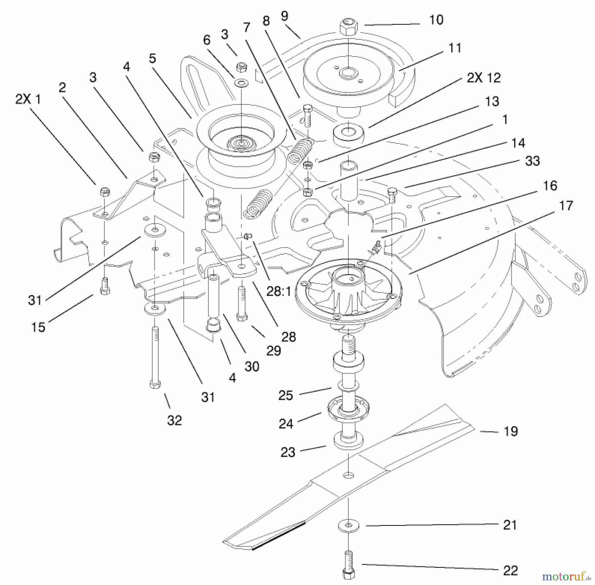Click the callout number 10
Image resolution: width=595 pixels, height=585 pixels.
pyautogui.click(x=436, y=20)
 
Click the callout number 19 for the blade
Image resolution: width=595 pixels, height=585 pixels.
pyautogui.click(x=511, y=431)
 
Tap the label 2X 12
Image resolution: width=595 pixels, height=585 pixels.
pyautogui.click(x=484, y=78)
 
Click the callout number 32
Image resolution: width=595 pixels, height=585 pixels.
pyautogui.click(x=175, y=421)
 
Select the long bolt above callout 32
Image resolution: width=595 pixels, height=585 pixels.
pyautogui.click(x=155, y=357)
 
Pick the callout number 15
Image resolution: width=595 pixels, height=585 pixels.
pyautogui.click(x=38, y=327)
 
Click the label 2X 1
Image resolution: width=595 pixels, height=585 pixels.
pyautogui.click(x=28, y=99)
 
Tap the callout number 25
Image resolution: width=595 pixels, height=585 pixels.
pyautogui.click(x=286, y=395)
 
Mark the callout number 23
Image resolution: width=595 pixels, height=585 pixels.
pyautogui.click(x=288, y=452)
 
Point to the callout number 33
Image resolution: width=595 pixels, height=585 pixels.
pyautogui.click(x=532, y=161)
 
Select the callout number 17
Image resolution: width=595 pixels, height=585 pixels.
pyautogui.click(x=566, y=206)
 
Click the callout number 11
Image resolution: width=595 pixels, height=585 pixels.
pyautogui.click(x=455, y=48)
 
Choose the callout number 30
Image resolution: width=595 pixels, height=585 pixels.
pyautogui.click(x=252, y=367)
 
